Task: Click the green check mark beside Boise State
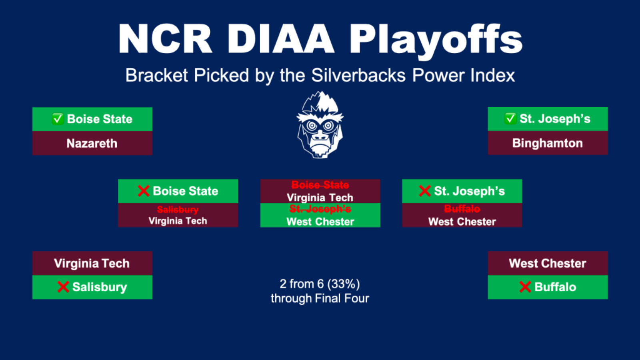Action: pyautogui.click(x=58, y=119)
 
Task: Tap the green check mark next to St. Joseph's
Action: pyautogui.click(x=510, y=118)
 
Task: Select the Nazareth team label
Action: pyautogui.click(x=92, y=144)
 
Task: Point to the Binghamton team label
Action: pyautogui.click(x=548, y=143)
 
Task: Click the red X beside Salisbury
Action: pyautogui.click(x=63, y=287)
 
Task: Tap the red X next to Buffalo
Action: pyautogui.click(x=525, y=287)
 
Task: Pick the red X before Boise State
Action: pyautogui.click(x=144, y=191)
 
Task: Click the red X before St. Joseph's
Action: pyautogui.click(x=425, y=191)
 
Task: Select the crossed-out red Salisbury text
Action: pyautogui.click(x=178, y=210)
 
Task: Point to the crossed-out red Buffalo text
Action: pyautogui.click(x=462, y=209)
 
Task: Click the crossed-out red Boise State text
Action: pyautogui.click(x=320, y=185)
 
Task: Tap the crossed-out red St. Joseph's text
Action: pyautogui.click(x=320, y=209)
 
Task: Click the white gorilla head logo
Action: pyautogui.click(x=320, y=125)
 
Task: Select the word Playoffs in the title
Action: pyautogui.click(x=436, y=40)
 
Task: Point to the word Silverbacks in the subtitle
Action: pyautogui.click(x=358, y=76)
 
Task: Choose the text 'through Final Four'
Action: pyautogui.click(x=320, y=298)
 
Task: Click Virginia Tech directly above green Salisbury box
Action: pyautogui.click(x=92, y=264)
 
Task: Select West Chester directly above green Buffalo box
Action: pyautogui.click(x=548, y=264)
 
